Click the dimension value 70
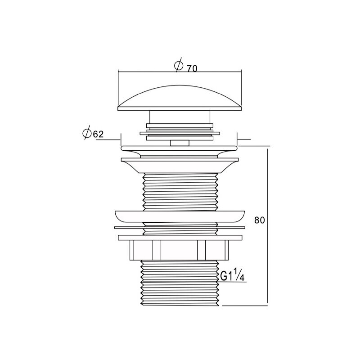[192, 68]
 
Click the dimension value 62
[98, 134]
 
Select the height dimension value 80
[260, 220]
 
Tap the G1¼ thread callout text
[232, 274]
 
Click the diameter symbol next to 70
[179, 65]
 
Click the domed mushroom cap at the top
[180, 98]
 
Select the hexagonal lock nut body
[179, 250]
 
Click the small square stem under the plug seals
[180, 143]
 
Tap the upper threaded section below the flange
[180, 192]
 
